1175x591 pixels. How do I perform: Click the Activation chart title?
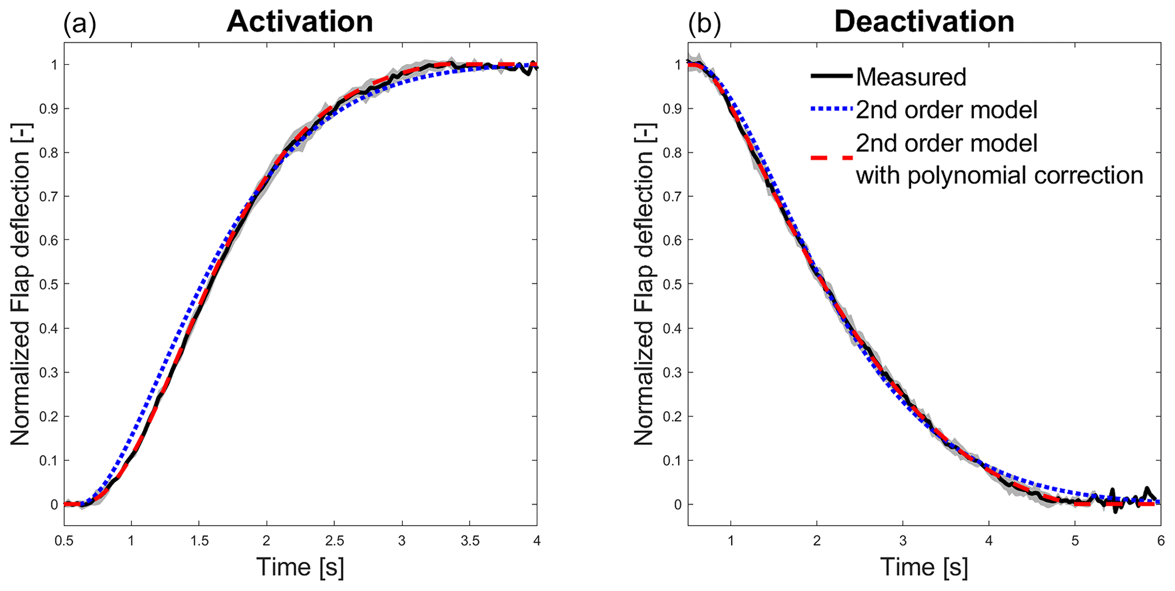click(x=300, y=22)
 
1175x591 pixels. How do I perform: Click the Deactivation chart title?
click(x=924, y=22)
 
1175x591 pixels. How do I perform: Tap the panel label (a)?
click(x=80, y=24)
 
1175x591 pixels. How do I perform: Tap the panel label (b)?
click(x=704, y=24)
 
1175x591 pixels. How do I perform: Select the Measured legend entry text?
click(x=911, y=77)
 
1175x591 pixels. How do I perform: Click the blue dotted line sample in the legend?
click(x=832, y=109)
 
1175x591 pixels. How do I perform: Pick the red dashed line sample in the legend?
click(x=832, y=158)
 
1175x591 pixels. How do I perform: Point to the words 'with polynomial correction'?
click(x=999, y=175)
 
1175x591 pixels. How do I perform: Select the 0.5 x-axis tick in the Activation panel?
click(x=64, y=540)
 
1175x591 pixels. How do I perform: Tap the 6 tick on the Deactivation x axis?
click(x=1160, y=540)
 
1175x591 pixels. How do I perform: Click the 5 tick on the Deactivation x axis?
click(x=1074, y=540)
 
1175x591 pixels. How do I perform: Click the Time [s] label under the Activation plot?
click(x=300, y=567)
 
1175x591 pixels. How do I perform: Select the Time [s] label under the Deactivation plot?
click(x=924, y=567)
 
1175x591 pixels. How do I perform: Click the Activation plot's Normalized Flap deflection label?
click(x=20, y=283)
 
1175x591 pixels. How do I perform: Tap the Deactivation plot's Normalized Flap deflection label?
click(x=644, y=283)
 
